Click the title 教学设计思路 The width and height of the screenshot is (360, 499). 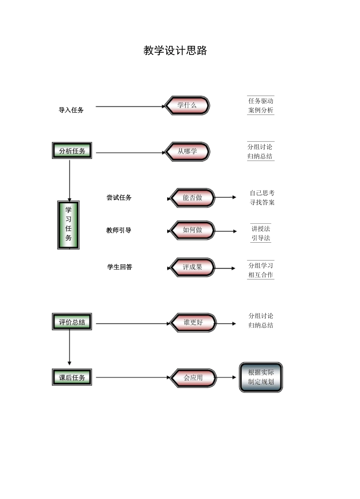[175, 50]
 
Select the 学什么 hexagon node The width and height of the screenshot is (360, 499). [187, 105]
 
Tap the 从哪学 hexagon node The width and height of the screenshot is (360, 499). [187, 151]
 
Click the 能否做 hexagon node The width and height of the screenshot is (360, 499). [192, 198]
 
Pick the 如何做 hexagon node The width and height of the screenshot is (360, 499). [192, 230]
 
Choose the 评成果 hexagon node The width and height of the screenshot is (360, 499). [192, 267]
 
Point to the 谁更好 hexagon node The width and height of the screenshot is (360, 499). [193, 323]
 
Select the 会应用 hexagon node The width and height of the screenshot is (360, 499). [193, 378]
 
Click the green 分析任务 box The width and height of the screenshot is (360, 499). [72, 151]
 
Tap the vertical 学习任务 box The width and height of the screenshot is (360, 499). [69, 225]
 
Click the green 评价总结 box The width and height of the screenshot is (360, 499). [72, 322]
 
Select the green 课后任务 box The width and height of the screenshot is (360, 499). [72, 377]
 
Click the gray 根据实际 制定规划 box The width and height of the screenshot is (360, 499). [261, 377]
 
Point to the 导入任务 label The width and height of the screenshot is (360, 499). [71, 110]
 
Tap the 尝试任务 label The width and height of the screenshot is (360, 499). [119, 198]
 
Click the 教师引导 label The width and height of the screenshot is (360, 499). [119, 230]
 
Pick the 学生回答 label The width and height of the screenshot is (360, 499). [120, 267]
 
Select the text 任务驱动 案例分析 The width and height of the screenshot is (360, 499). [261, 105]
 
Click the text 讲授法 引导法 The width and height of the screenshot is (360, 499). [261, 233]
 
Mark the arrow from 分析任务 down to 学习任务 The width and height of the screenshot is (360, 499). [70, 180]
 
